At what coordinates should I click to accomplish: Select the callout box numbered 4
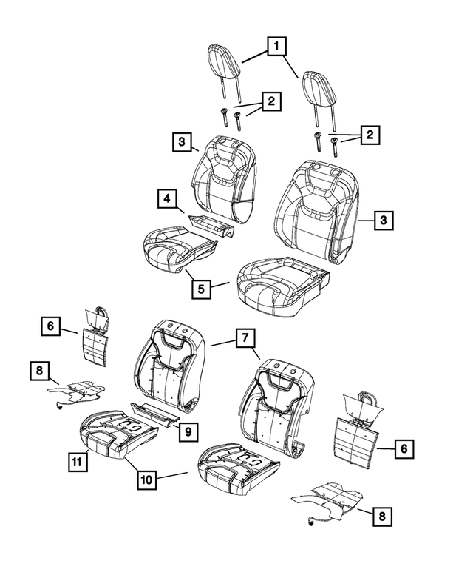(x=168, y=198)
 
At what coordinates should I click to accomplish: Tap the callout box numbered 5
(x=201, y=289)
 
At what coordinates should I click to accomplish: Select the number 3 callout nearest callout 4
(x=180, y=141)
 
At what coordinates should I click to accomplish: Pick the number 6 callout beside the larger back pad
(x=404, y=448)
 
